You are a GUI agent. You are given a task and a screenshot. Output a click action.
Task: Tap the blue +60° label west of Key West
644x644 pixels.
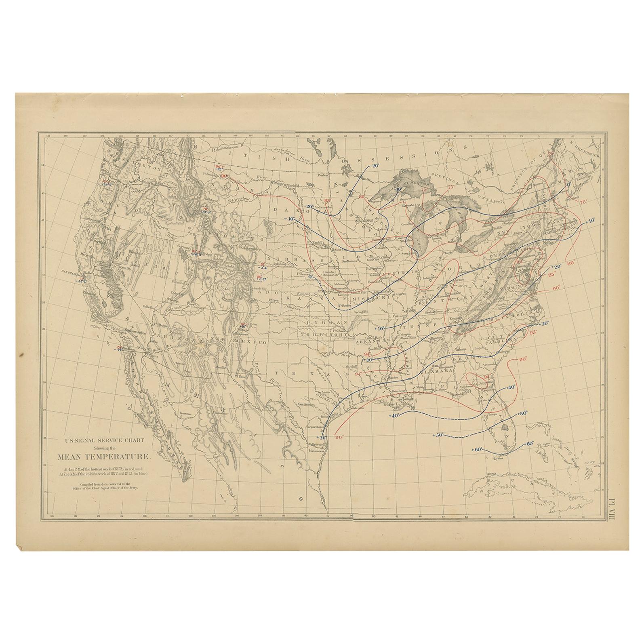[477, 449]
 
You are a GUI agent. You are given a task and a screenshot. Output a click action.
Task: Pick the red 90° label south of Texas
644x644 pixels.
[339, 437]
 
